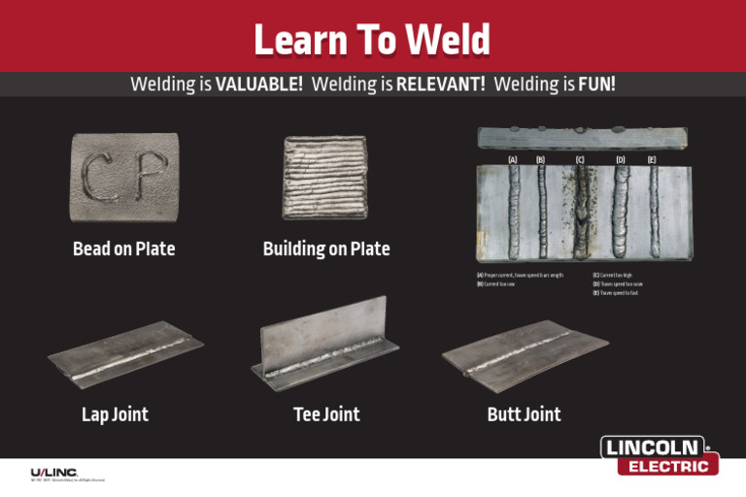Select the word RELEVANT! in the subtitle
[441, 84]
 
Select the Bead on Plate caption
[123, 249]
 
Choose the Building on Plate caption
[326, 249]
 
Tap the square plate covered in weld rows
[324, 178]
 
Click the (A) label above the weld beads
[513, 158]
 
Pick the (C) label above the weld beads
[580, 158]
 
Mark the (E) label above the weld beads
[652, 158]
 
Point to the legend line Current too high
[616, 276]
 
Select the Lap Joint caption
[115, 415]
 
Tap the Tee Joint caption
[326, 415]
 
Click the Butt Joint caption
[524, 415]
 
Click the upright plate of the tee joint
[324, 330]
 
